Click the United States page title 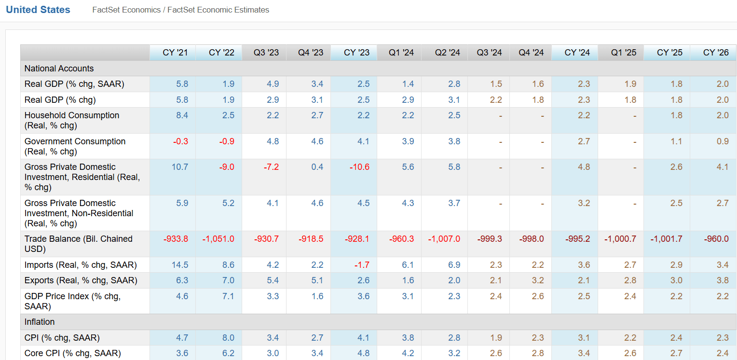[x=38, y=10]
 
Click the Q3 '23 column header [x=266, y=53]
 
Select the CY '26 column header [x=716, y=53]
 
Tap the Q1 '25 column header [x=623, y=53]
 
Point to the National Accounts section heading [x=59, y=69]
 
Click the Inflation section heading [x=40, y=322]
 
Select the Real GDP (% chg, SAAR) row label [x=74, y=84]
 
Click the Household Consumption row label [x=72, y=120]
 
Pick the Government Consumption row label [x=75, y=146]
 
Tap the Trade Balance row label [x=78, y=244]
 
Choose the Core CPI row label [x=72, y=353]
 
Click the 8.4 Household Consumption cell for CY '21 [x=182, y=115]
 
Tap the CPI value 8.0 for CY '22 [x=228, y=338]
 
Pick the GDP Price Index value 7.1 [x=228, y=296]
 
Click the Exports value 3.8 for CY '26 [x=723, y=280]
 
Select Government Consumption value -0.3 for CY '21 [x=181, y=141]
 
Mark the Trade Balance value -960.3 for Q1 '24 [x=402, y=239]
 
